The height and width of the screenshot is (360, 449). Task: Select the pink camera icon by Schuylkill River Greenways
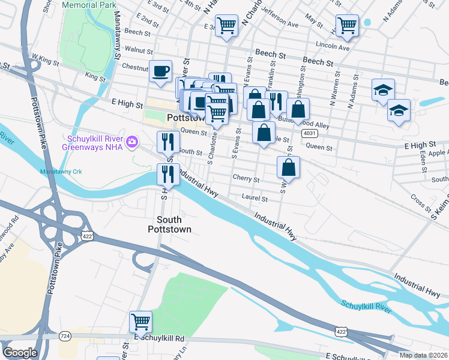click(131, 142)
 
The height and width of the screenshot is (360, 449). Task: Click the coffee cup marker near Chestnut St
click(160, 71)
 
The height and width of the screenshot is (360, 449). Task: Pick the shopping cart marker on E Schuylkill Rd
click(140, 322)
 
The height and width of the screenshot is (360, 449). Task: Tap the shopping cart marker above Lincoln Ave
click(347, 26)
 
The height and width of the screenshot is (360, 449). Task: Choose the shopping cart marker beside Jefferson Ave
click(226, 26)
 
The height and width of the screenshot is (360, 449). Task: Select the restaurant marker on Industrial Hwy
click(167, 174)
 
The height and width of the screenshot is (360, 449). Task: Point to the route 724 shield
click(64, 336)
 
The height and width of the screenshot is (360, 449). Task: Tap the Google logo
click(20, 353)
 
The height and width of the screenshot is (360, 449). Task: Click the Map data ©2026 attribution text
click(424, 355)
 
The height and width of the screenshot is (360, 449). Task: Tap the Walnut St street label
click(139, 52)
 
